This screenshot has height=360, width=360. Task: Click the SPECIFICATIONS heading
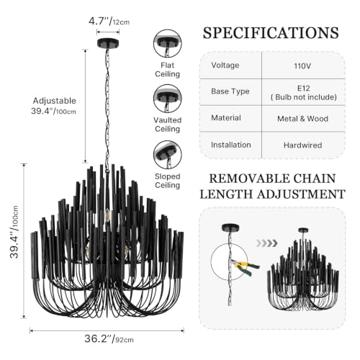coord(271,33)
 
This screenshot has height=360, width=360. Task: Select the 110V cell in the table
coord(302,66)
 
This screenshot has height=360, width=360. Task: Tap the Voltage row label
coord(225,65)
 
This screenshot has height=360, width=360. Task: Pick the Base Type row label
coord(230,91)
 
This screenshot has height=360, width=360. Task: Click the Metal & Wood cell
coord(302,119)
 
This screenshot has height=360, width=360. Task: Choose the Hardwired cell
coord(302,145)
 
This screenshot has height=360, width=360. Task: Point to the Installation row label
coord(231,145)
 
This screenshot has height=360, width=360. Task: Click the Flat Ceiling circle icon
coord(168,43)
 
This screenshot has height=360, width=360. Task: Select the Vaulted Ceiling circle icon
coord(168,99)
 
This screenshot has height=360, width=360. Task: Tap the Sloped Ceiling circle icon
coord(168,155)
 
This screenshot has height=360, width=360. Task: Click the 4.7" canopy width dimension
coord(109,22)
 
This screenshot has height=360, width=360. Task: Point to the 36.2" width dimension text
coord(109,338)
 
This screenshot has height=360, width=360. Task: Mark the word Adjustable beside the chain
coord(55,101)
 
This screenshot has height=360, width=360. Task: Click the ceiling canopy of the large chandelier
coord(108,43)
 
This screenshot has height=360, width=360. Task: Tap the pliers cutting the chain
coord(246,266)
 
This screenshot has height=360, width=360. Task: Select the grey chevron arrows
coord(266,243)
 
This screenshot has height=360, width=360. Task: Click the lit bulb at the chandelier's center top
coord(107,215)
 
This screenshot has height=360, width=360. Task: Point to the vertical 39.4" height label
coord(14,232)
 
